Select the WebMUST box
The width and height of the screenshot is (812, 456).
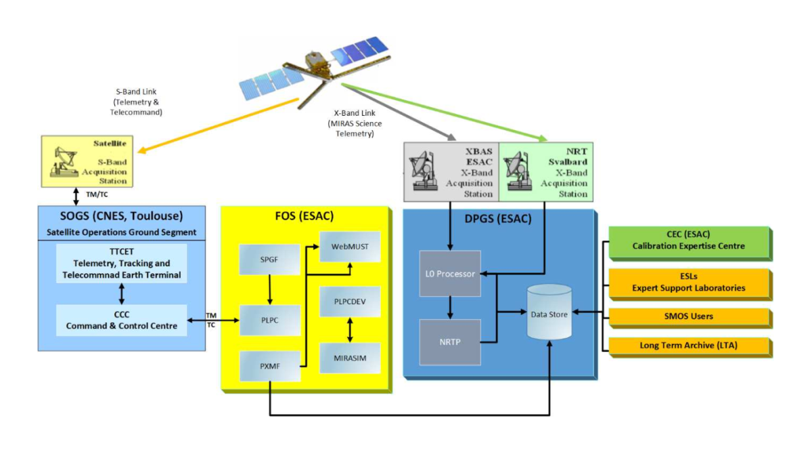(x=350, y=247)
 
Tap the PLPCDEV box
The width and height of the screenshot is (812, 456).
(x=349, y=302)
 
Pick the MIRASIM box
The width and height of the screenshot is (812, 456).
(x=349, y=358)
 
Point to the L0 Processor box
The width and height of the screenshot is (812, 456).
(x=450, y=274)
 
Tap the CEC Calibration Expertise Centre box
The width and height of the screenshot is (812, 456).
(x=689, y=242)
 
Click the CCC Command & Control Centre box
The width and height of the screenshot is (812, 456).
(x=122, y=320)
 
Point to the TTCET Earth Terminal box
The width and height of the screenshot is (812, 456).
(x=122, y=264)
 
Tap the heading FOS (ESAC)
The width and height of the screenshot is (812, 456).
(x=305, y=217)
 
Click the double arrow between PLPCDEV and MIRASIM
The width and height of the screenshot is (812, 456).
(x=350, y=330)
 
